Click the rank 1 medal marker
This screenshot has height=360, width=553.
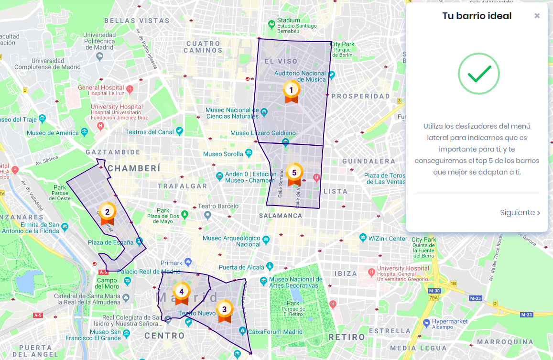[291, 90]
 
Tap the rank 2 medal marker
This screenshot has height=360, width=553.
[107, 212]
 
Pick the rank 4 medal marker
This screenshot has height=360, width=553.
[181, 292]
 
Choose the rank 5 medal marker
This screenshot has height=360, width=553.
[294, 173]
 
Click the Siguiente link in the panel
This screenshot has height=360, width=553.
[520, 213]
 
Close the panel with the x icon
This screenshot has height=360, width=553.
[537, 16]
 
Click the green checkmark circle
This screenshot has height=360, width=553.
[478, 74]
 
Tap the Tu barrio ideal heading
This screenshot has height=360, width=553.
[477, 16]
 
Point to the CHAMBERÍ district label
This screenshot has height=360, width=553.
[134, 168]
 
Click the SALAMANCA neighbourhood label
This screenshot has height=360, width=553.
[281, 216]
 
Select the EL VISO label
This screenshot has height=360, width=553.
[281, 61]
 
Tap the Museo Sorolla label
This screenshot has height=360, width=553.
[223, 154]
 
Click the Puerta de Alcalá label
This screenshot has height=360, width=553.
[241, 267]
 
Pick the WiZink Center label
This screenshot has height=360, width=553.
[388, 238]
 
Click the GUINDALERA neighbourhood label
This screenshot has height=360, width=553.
[369, 162]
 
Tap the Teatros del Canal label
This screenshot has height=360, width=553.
[150, 132]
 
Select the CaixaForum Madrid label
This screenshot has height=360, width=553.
[275, 332]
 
